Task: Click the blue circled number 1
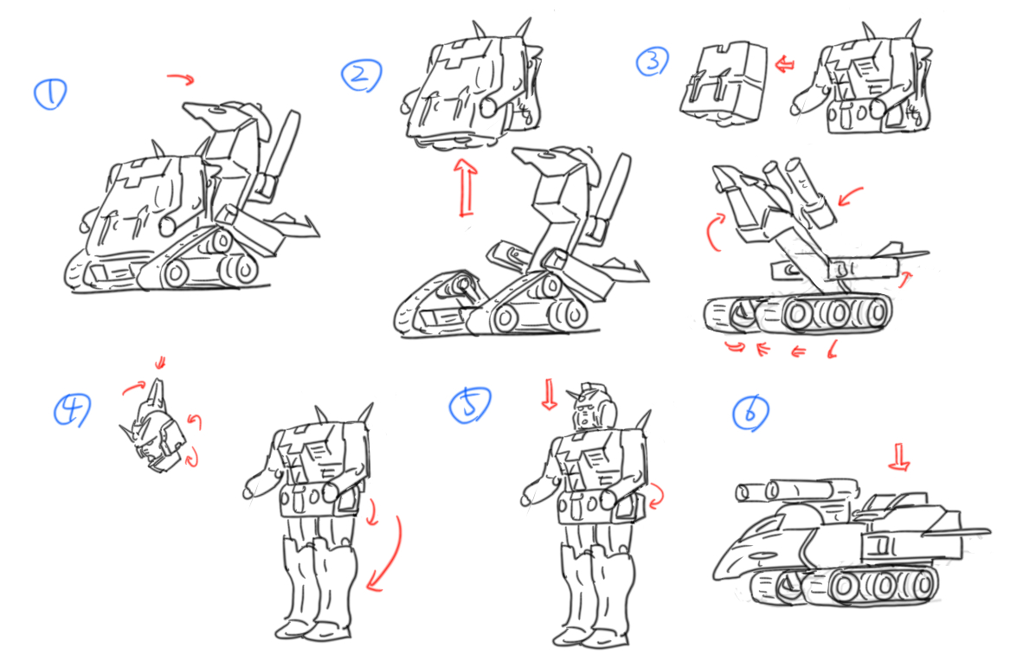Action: point(50,93)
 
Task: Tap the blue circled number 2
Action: point(362,75)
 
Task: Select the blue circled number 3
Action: point(653,61)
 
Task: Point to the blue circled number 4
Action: point(72,410)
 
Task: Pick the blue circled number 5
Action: point(470,405)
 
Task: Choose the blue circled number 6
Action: point(750,414)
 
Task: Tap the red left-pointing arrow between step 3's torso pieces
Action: point(785,65)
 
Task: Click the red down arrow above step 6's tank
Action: point(898,457)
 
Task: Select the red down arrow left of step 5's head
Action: point(549,395)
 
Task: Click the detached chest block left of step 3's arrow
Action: point(724,84)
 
